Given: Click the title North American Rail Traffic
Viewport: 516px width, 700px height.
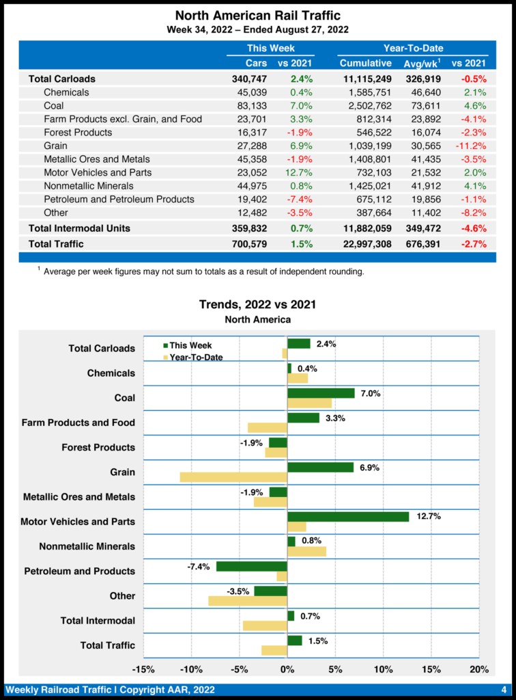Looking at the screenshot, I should tap(257, 15).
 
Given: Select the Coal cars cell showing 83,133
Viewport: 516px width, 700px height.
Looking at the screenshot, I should tap(250, 106).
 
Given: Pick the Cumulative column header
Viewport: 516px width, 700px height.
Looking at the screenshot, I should tap(365, 64).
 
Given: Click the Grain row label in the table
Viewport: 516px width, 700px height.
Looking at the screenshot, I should tap(55, 146).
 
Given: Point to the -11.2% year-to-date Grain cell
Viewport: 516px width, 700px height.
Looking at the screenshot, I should tap(470, 146).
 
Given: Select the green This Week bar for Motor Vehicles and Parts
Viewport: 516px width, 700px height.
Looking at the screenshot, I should tap(348, 517).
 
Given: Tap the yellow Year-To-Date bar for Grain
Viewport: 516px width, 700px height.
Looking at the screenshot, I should tap(233, 477).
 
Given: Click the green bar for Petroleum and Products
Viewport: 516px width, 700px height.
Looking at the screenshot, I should tap(252, 566).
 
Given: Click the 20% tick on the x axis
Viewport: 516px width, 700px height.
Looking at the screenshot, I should tap(479, 669).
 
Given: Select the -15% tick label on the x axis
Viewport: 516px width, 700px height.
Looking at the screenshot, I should tap(143, 669).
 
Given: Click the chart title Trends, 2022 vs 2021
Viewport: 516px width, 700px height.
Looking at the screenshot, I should tap(257, 305).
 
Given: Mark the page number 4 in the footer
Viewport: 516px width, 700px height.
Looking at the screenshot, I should tap(503, 688).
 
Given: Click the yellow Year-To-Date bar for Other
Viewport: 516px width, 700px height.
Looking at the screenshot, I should tap(248, 601).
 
